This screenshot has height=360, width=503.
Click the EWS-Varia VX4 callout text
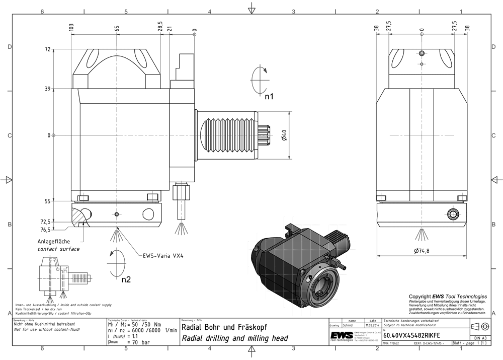pyautogui.click(x=160, y=255)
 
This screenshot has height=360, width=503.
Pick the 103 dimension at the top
pyautogui.click(x=71, y=28)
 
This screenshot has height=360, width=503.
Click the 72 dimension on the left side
pyautogui.click(x=48, y=49)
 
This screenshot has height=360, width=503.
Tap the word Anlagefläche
pyautogui.click(x=53, y=242)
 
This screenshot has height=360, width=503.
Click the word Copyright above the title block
pyautogui.click(x=420, y=297)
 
